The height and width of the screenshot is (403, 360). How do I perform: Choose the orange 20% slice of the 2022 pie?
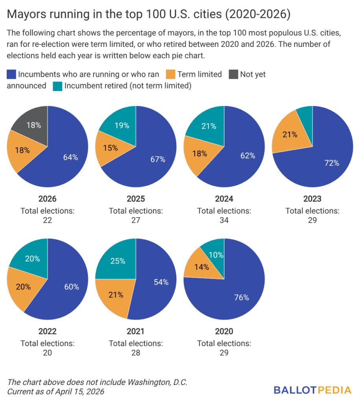[24, 287]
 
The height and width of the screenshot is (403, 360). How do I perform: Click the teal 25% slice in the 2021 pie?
[117, 261]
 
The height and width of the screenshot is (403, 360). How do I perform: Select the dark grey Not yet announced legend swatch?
[234, 74]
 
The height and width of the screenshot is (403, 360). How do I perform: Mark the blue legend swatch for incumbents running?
[11, 74]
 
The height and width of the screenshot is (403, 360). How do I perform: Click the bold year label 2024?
[224, 199]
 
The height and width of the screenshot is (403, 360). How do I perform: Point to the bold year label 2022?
[47, 331]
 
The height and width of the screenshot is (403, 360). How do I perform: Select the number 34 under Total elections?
[224, 220]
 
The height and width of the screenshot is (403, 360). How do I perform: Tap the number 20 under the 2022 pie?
[47, 352]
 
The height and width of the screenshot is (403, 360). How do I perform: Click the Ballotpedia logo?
[312, 390]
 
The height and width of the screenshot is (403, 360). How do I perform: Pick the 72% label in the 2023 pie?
[331, 163]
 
